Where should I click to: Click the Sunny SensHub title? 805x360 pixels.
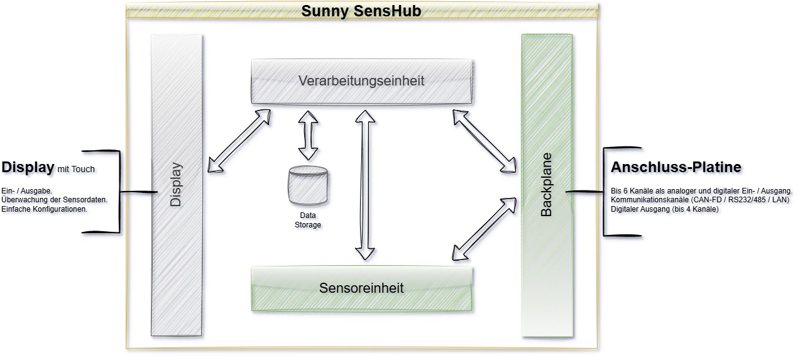pos(361,11)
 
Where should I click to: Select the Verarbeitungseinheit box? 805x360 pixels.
pos(361,81)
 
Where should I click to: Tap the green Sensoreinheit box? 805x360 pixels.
pos(361,288)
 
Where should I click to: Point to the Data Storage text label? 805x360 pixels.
pos(307,220)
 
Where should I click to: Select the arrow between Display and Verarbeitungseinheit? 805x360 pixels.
pos(239,141)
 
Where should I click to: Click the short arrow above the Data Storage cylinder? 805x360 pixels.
pos(308,135)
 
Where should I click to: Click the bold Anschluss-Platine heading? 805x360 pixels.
pos(676,168)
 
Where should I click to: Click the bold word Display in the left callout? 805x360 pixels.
pos(28,168)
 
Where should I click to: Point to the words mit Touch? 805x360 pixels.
pos(76,170)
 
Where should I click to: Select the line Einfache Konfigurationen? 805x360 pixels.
pos(44,209)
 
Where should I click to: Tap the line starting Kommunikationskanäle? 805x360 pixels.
pos(699,200)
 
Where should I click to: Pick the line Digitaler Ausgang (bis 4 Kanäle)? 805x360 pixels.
pos(664,209)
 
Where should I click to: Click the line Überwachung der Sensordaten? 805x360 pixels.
pos(55,200)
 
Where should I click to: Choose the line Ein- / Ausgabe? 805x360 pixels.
pos(26,190)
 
